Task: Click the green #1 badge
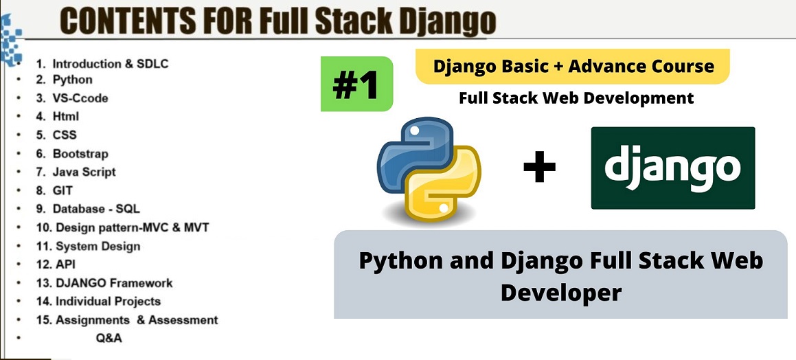[356, 84]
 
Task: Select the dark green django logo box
[672, 168]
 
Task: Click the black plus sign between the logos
[539, 168]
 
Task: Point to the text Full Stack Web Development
[576, 98]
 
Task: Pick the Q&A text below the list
[109, 337]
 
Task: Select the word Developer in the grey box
[560, 292]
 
